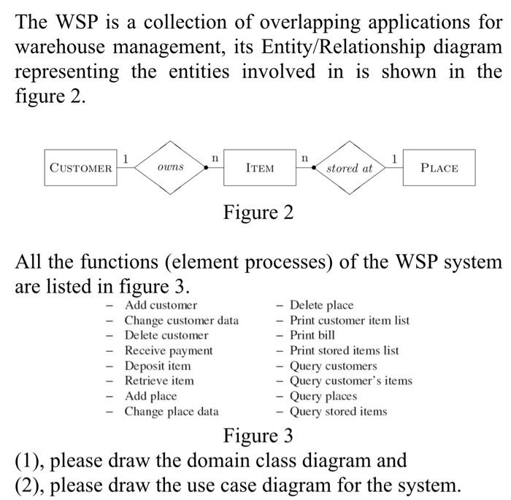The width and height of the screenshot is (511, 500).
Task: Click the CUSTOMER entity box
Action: [80, 168]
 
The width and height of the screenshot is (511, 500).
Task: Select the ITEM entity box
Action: [260, 168]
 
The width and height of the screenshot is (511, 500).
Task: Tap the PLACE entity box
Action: [439, 168]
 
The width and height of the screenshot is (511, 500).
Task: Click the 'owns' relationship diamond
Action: [170, 167]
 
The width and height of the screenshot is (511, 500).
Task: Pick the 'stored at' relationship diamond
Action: [349, 168]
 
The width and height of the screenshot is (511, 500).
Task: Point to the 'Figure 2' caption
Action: [258, 212]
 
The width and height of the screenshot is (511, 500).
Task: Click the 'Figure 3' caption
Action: [258, 436]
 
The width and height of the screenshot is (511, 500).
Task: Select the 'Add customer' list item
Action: [160, 305]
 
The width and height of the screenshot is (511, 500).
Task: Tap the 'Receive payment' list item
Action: [169, 350]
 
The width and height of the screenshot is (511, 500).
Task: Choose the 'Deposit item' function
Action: [158, 366]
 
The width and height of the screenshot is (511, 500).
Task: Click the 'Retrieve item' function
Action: [159, 380]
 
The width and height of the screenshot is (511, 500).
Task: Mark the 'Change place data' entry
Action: [172, 411]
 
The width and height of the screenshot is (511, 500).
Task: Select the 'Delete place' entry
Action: [321, 305]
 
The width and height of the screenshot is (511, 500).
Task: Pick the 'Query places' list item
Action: [323, 396]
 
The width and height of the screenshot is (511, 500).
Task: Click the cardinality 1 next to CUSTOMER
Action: [126, 157]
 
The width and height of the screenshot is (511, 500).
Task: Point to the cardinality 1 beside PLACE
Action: [394, 157]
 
